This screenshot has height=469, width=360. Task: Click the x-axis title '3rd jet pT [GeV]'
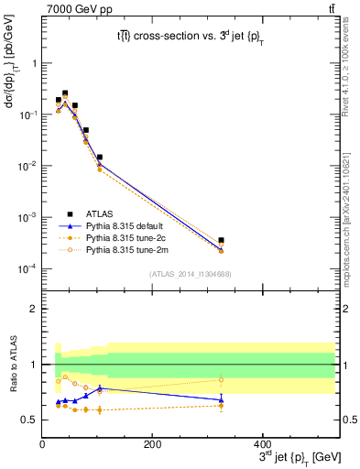coord(292,457)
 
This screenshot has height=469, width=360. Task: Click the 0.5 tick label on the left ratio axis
coord(28,420)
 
